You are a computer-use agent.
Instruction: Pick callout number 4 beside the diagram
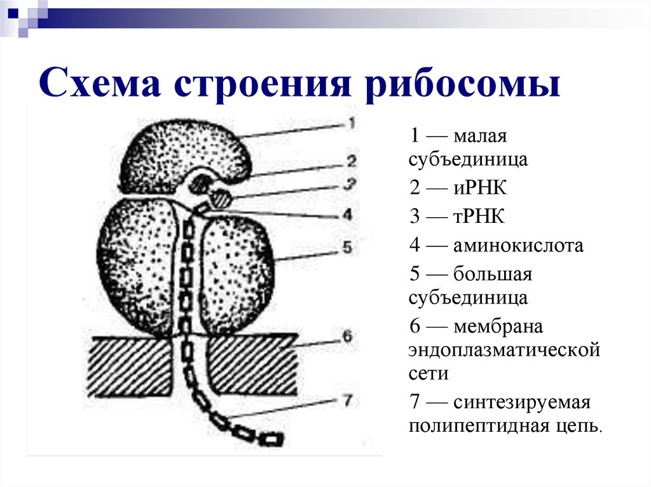[x=347, y=215]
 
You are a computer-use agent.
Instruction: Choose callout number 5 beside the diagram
[x=347, y=247]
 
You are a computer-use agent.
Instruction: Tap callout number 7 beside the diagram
[x=347, y=400]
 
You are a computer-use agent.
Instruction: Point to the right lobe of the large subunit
[x=235, y=273]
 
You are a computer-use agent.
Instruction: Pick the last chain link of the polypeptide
[x=271, y=439]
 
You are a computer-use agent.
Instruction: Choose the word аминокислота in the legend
[x=518, y=246]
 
